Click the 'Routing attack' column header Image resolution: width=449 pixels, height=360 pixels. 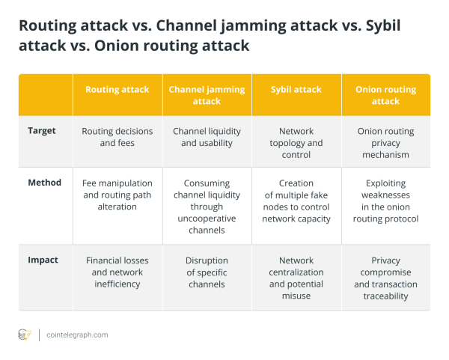[x=117, y=89]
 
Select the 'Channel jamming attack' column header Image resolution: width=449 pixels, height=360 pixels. [x=207, y=95]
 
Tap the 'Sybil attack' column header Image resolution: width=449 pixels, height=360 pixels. [x=296, y=89]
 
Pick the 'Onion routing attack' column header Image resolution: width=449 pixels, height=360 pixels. [x=385, y=95]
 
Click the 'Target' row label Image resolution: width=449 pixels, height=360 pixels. [x=42, y=131]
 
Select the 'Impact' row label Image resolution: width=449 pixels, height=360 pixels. [x=43, y=260]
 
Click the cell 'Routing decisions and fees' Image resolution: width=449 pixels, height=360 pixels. [x=117, y=137]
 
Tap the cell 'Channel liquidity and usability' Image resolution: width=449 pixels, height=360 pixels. [x=207, y=137]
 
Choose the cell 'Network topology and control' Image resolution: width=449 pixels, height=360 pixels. [x=296, y=143]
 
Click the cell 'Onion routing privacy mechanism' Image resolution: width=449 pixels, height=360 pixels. [x=385, y=143]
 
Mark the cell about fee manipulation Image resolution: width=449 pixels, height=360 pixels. [x=117, y=195]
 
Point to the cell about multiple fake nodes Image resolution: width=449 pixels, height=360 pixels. [x=296, y=201]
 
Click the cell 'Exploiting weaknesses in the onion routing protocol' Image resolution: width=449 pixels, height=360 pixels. [x=385, y=201]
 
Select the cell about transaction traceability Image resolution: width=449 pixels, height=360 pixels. [x=385, y=278]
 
